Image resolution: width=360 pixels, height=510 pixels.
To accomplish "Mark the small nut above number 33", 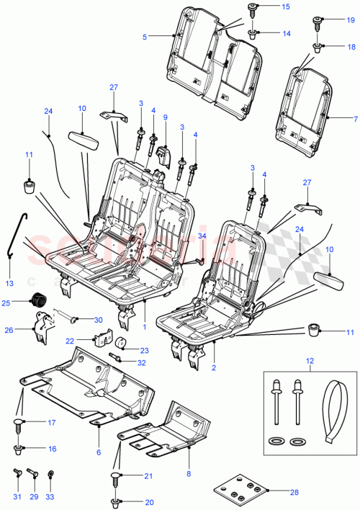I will click(x=50, y=474).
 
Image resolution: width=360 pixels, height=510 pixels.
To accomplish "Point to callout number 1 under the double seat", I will click(x=144, y=326).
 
